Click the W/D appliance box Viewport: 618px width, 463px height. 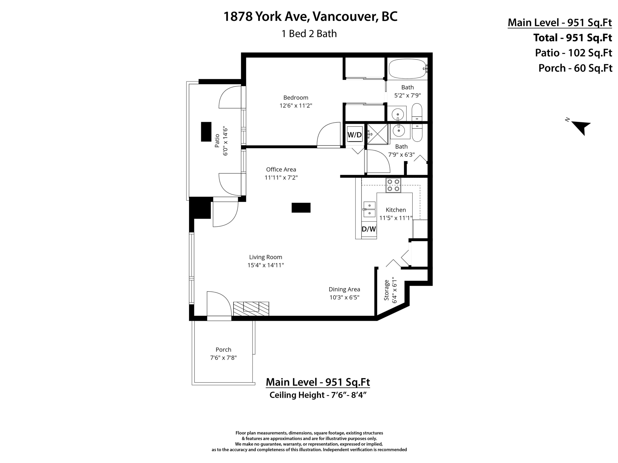(355, 135)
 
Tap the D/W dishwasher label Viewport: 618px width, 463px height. (369, 229)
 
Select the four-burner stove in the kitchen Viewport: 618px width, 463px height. (393, 185)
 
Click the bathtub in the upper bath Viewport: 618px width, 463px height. (407, 69)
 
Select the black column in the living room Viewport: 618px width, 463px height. (301, 208)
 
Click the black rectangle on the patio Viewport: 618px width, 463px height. (206, 132)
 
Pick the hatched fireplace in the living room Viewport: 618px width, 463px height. (251, 309)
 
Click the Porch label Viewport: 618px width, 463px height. (223, 349)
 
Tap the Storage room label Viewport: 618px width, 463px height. (386, 290)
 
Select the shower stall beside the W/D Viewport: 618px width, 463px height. (377, 134)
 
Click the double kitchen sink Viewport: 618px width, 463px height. (369, 209)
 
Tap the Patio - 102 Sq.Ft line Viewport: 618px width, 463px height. (573, 53)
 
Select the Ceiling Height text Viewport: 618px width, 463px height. (318, 395)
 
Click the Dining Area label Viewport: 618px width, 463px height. (344, 289)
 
